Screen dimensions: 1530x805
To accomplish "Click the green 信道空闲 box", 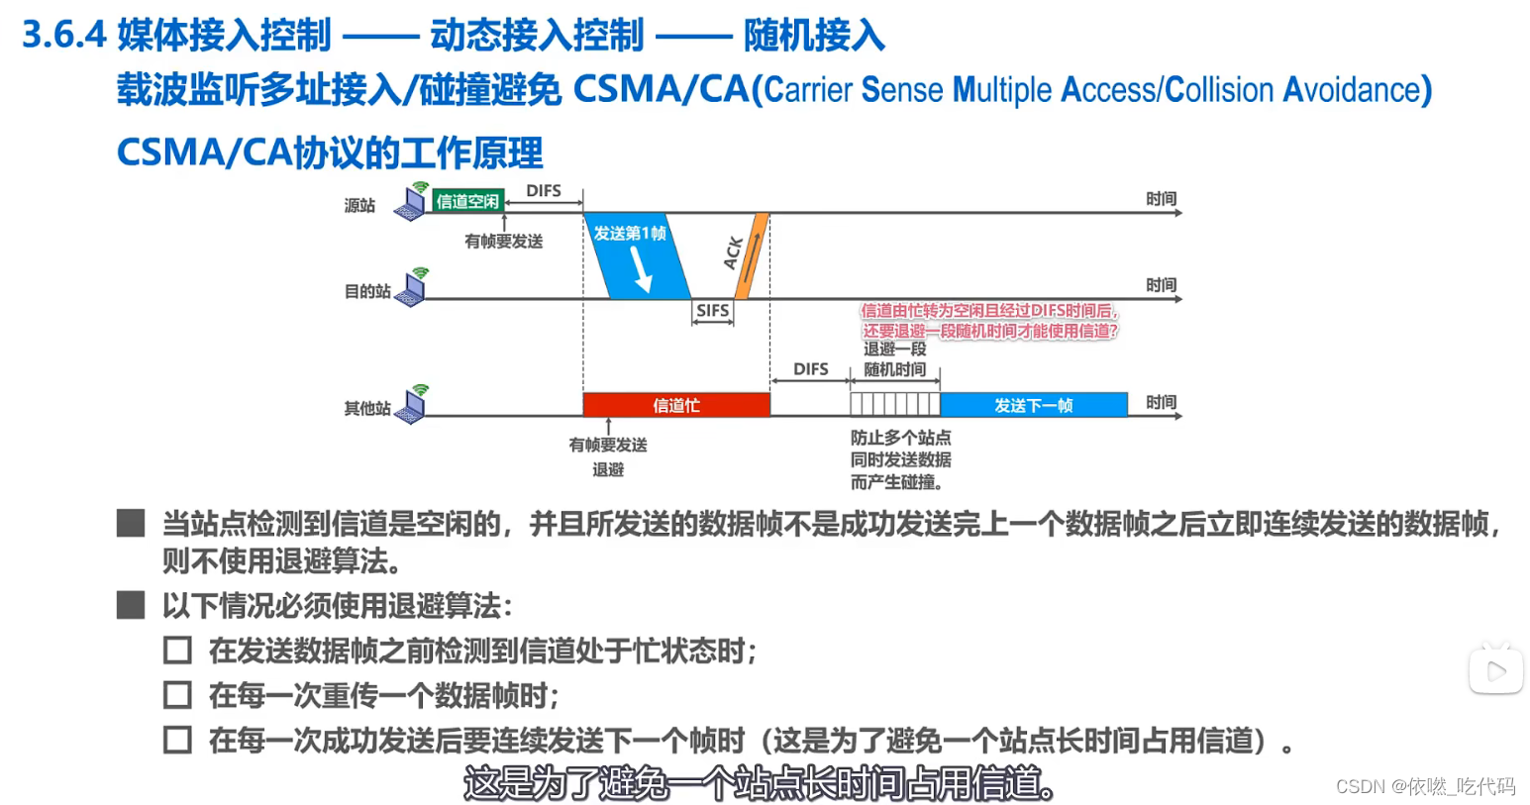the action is (x=468, y=201).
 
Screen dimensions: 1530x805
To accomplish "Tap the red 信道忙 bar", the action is (x=676, y=405).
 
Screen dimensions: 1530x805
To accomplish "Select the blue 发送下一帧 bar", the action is (x=1033, y=405).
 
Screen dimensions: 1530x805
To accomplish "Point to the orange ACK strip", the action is (x=751, y=255).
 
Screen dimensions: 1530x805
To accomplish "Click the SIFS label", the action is (x=712, y=311).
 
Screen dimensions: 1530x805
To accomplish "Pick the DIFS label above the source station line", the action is (x=543, y=190).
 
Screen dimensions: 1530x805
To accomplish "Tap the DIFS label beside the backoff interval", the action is (x=810, y=369).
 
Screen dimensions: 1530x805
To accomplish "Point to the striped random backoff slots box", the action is (x=894, y=404).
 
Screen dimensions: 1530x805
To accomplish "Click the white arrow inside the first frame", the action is (x=641, y=268).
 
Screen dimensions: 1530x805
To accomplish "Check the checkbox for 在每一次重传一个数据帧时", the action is (x=177, y=695).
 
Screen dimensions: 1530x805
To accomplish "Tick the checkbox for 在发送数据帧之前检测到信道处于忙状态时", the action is (x=177, y=651).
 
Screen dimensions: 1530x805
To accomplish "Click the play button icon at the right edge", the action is (x=1495, y=671).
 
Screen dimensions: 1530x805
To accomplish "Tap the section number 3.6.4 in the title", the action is (x=63, y=36).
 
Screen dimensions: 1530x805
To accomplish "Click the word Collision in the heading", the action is (x=1218, y=90).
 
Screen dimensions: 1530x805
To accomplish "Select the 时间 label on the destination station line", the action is (x=1161, y=285).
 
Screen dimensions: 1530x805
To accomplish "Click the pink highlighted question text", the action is (x=989, y=321).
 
